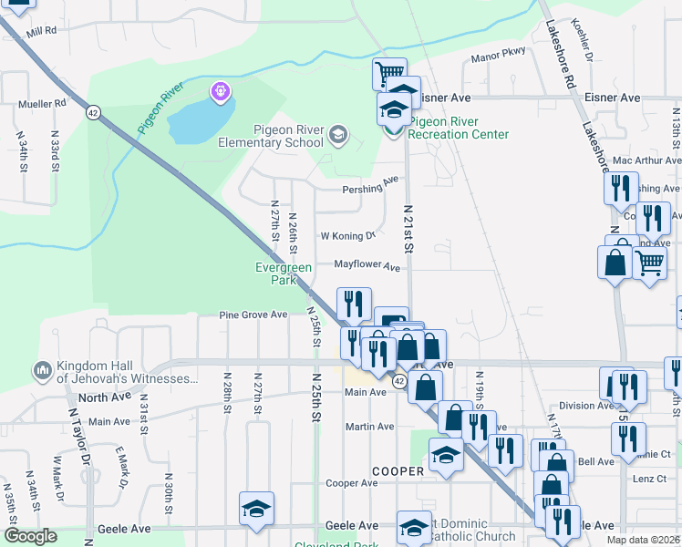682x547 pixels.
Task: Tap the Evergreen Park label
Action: [284, 274]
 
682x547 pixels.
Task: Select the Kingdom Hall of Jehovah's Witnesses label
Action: [127, 372]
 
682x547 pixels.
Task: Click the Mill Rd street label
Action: [42, 31]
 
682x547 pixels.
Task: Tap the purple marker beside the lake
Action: [220, 91]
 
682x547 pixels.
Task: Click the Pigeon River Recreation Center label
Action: [458, 129]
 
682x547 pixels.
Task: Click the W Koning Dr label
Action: [347, 235]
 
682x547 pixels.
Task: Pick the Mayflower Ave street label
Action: [367, 266]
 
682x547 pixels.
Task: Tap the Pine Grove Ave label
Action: [253, 315]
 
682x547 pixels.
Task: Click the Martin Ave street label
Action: [369, 427]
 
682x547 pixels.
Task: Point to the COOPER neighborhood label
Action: [398, 471]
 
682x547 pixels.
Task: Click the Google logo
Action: [31, 536]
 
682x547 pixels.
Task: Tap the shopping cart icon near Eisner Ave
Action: [389, 73]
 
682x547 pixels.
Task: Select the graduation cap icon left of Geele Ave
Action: [257, 509]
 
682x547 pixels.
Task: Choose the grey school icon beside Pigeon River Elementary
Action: [338, 136]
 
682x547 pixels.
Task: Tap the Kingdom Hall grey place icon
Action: [42, 371]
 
